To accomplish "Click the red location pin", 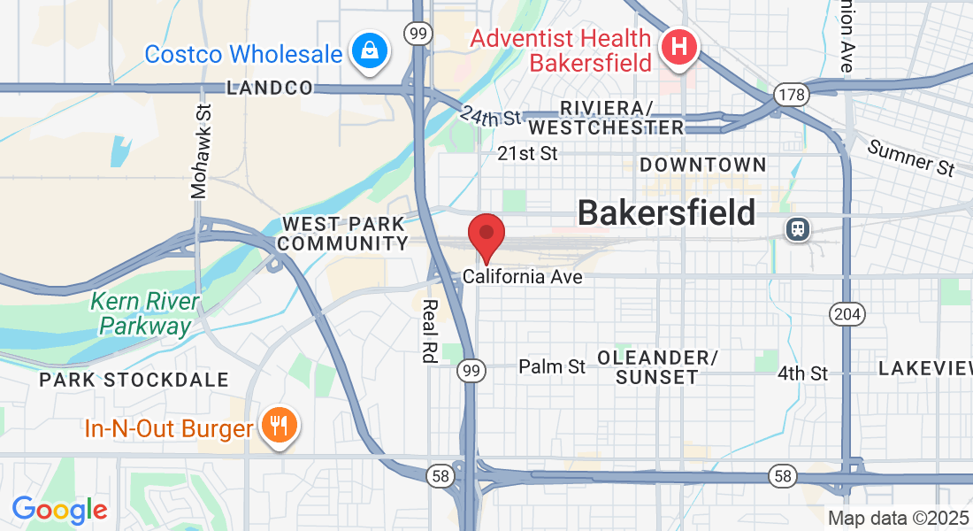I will (486, 235).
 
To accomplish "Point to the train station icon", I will (798, 229).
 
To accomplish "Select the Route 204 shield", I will (847, 313).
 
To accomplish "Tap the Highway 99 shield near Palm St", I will (471, 373).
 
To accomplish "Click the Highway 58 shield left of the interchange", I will (441, 476).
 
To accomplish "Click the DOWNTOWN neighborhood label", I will (702, 165).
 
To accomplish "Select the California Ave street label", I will (522, 277).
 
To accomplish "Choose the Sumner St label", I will (910, 158).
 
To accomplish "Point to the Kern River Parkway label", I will (145, 314).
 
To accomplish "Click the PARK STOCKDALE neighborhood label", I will (134, 380).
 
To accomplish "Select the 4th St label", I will (802, 373).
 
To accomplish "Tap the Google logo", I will (59, 510).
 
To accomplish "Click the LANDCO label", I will (270, 88).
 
